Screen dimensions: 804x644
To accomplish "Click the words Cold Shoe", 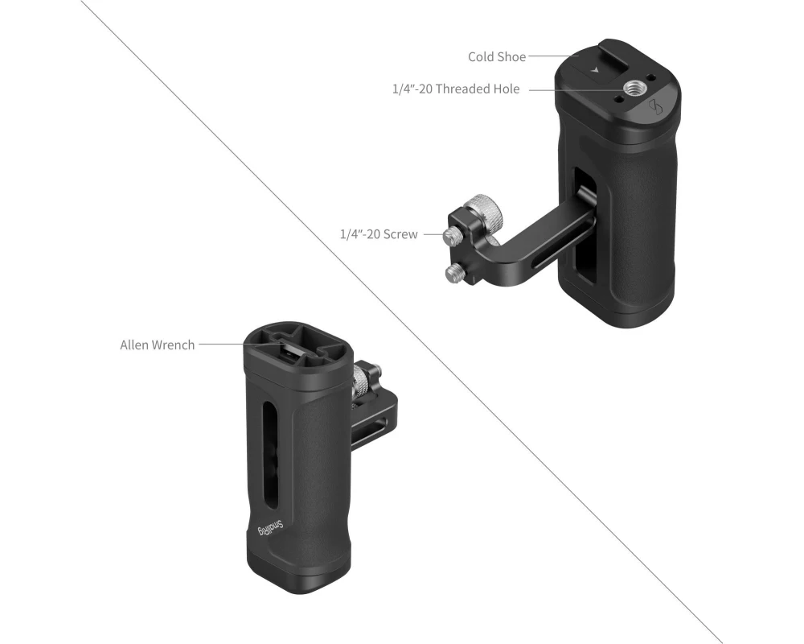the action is tap(496, 56).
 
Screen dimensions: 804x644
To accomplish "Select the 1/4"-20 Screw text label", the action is tap(379, 234).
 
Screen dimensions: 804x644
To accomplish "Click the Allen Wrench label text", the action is tap(157, 345).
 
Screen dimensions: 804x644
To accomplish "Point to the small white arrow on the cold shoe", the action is tap(595, 69).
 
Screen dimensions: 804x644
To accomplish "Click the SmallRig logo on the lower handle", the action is tap(270, 528).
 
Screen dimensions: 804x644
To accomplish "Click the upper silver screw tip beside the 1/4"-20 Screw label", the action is tap(452, 235).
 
